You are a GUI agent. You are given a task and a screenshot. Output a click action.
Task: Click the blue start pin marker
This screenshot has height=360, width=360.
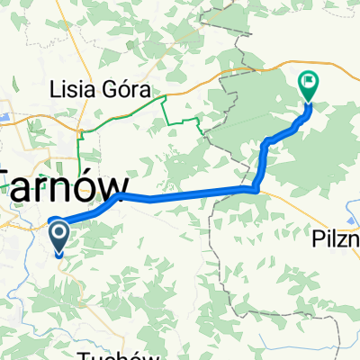[59, 238]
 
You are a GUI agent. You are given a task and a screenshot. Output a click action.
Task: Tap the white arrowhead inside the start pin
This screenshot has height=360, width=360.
[59, 235]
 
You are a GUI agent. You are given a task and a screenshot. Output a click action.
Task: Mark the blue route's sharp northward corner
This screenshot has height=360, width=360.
[258, 188]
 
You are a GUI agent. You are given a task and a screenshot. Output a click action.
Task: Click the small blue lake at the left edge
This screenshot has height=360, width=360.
[3, 116]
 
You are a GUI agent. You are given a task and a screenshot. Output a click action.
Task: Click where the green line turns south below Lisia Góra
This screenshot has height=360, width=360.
[81, 133]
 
